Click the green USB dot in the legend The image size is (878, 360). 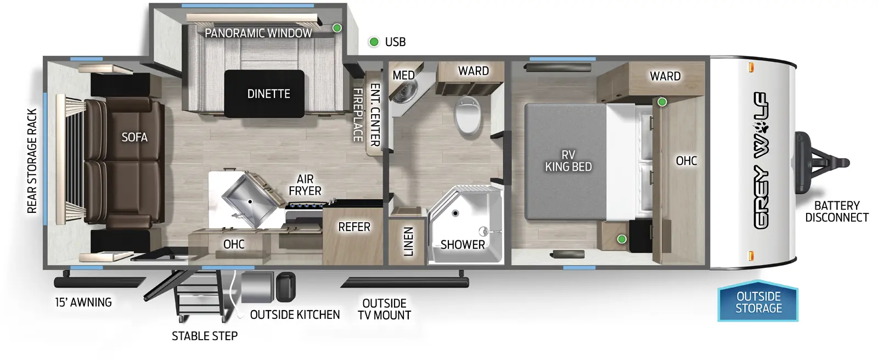[374, 42]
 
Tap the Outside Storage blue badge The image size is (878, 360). [758, 302]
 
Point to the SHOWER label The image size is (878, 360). [463, 245]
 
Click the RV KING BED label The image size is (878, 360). [568, 161]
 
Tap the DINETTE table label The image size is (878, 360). [268, 94]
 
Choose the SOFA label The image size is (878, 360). [134, 137]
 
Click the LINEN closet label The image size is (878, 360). [408, 241]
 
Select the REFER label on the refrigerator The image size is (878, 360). [354, 227]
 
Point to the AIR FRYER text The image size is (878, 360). [305, 185]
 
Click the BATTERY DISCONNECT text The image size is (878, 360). [836, 211]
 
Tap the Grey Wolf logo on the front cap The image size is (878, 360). [761, 160]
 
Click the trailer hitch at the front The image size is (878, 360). [820, 162]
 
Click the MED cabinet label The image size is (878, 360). [403, 75]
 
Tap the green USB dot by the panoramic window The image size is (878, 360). [337, 28]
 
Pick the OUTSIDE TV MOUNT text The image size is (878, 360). [384, 309]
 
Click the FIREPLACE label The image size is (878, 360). [358, 115]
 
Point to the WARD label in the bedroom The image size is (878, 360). [665, 76]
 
